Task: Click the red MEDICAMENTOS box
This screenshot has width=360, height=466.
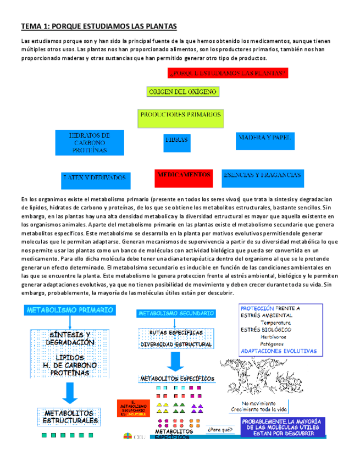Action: click(x=184, y=175)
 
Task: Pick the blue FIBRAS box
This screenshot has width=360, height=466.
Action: click(x=176, y=141)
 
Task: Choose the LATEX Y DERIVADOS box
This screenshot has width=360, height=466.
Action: click(x=95, y=179)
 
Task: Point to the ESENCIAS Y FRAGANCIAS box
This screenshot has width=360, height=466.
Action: click(x=262, y=176)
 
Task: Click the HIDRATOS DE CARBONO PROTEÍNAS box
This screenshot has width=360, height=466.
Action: click(x=89, y=142)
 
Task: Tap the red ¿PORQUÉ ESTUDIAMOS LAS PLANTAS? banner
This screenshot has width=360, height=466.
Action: click(x=227, y=73)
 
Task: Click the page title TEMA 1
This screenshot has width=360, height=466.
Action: click(x=99, y=26)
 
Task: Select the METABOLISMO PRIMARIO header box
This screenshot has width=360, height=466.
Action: click(x=70, y=310)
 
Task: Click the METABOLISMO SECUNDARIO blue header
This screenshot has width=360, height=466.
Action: click(x=176, y=313)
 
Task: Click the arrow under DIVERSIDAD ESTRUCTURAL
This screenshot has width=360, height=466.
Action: click(x=176, y=360)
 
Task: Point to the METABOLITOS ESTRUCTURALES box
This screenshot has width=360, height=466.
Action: click(x=71, y=417)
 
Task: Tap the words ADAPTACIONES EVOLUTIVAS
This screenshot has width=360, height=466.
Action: click(x=279, y=350)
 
